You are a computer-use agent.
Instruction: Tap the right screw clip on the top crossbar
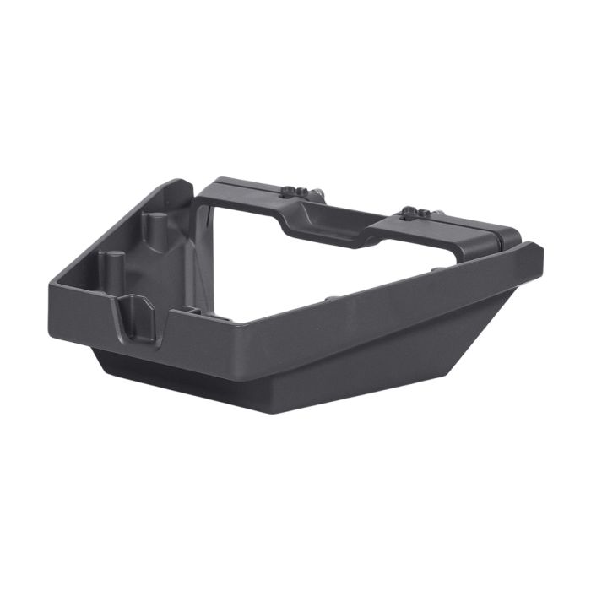point(412,210)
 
